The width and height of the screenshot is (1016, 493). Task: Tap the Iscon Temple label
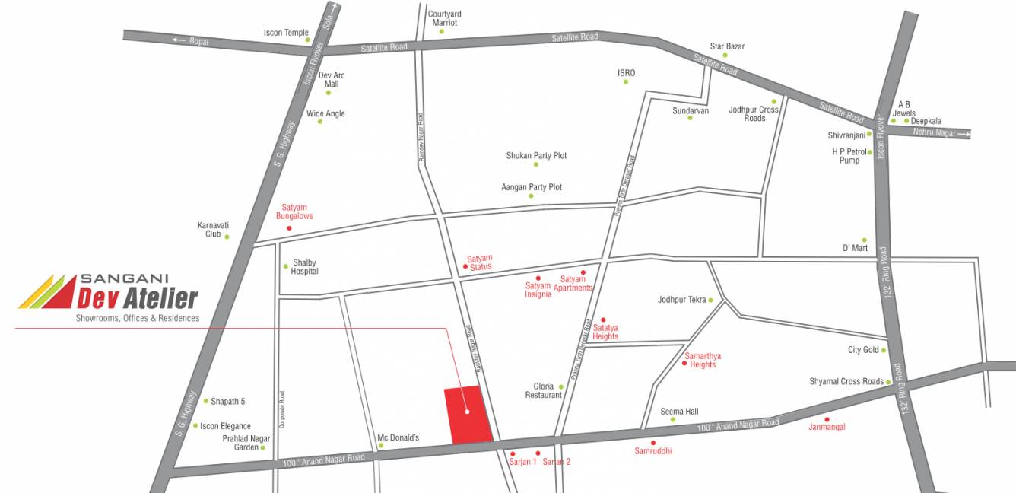pos(286,33)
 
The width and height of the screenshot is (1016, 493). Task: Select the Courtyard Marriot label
pos(445,18)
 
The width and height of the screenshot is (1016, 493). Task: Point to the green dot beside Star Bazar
pos(725,56)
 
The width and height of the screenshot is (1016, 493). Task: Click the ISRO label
pos(626,73)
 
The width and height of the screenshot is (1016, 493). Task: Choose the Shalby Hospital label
pos(304,267)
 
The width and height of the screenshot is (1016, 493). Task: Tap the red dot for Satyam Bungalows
pos(288,228)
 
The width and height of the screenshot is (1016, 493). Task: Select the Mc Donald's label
pos(398,437)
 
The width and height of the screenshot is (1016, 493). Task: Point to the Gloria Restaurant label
pos(543,391)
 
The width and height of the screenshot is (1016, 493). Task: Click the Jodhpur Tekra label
pos(682,300)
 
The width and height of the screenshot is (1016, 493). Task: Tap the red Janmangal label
pos(827,427)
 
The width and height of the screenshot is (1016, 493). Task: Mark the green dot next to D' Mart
pos(864,240)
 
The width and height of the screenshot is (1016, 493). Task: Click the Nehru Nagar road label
pos(934,133)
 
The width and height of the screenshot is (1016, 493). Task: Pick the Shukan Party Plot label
pos(536,155)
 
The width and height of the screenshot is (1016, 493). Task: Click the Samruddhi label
pos(653,451)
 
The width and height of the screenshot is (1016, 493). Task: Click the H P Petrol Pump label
pos(849,156)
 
